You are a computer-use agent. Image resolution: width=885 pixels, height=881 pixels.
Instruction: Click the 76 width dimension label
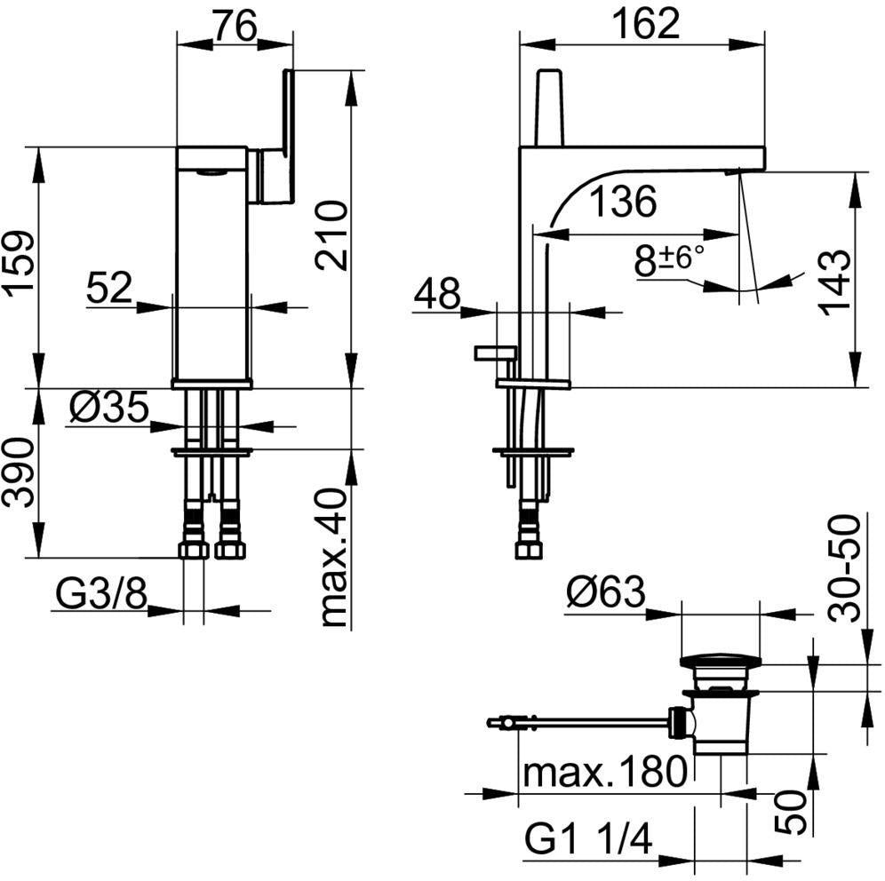coord(235,26)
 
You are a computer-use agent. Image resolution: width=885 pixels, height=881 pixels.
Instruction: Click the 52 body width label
coord(109,288)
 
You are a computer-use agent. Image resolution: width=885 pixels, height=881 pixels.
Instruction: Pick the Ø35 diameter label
coord(109,408)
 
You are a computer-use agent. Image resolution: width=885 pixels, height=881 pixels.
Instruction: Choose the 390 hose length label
coord(19,472)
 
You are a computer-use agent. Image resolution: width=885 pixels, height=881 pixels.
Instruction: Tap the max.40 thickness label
coord(332,557)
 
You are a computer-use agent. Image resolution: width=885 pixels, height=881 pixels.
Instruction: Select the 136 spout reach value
coord(623,202)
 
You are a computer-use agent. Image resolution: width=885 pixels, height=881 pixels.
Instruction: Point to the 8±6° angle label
coord(669,260)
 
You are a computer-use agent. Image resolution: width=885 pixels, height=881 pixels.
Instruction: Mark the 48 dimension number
coord(436,294)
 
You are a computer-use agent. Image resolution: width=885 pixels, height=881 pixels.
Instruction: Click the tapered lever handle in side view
coord(550,107)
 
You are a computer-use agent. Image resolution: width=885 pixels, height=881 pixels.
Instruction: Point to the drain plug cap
coord(721,661)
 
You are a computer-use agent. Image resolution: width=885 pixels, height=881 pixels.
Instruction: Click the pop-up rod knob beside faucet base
coord(495,353)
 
